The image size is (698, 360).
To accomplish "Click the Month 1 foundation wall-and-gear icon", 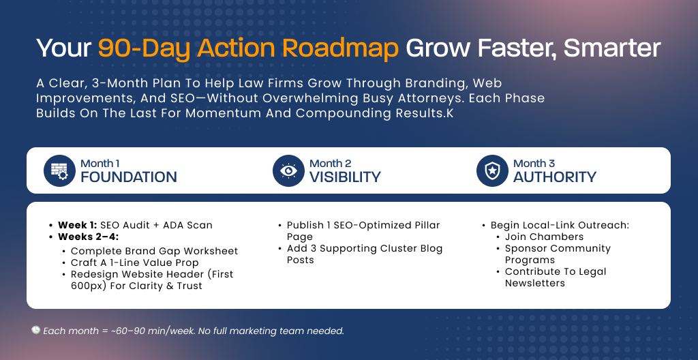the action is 60,170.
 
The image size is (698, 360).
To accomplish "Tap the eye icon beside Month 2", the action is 288,170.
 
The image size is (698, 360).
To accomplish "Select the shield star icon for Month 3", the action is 492,170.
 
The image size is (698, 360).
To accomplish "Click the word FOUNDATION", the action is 129,177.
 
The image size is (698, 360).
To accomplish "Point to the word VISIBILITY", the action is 345,177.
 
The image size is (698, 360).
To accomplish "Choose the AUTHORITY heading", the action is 555,177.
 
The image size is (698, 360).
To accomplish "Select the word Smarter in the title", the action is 612,48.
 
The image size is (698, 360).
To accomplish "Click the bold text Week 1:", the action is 78,225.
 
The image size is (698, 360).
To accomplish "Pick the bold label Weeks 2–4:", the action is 88,237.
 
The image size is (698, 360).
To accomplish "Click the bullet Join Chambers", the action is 544,237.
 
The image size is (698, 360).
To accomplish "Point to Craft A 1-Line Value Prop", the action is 134,263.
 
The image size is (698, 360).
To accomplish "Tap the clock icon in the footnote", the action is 35,330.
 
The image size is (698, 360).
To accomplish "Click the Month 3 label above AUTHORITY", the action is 534,164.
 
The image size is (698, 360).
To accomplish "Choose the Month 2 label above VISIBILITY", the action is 331,164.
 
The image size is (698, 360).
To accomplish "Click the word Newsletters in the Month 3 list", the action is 534,283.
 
